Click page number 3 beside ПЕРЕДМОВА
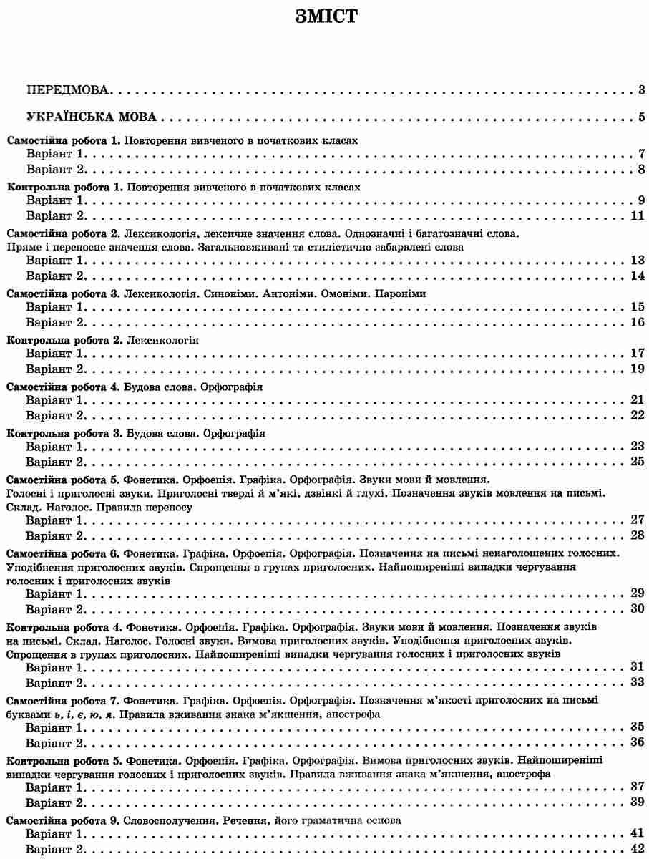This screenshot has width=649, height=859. tap(642, 90)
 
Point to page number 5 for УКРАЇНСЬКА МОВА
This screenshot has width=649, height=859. tap(642, 117)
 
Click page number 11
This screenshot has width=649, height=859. tap(638, 216)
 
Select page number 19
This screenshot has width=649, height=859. tap(638, 369)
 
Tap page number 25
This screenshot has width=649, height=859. tap(638, 461)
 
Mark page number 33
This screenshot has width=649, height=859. tap(638, 681)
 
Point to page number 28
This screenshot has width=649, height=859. tap(638, 535)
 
